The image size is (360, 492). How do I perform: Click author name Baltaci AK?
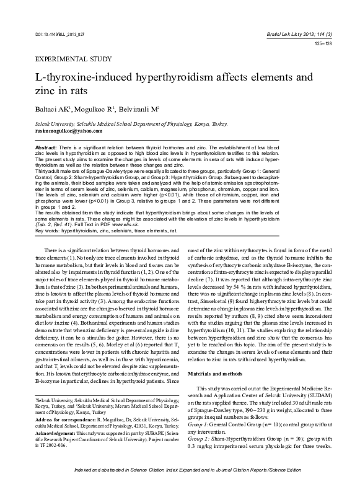tap(50, 110)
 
